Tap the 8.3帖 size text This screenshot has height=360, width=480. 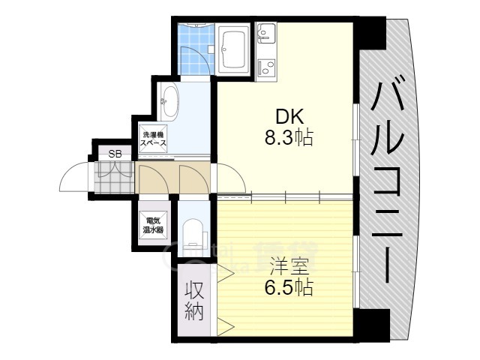288,138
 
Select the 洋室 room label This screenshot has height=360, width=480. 288,265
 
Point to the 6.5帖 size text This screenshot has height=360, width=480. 288,286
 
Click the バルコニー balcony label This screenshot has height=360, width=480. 390,180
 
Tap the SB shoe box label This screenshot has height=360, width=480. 115,154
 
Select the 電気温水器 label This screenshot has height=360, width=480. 154,224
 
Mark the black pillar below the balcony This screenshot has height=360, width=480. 373,324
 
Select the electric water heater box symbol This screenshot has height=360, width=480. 154,224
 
